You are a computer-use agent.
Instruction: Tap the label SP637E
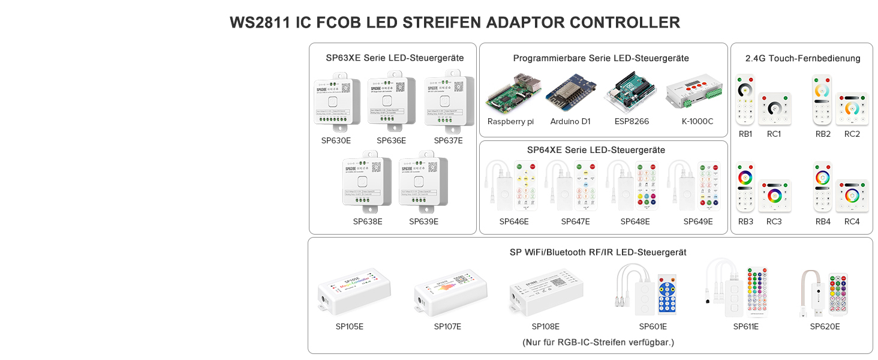[448, 141]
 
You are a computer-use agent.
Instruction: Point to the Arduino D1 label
[570, 121]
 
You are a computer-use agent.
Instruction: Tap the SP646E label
[514, 221]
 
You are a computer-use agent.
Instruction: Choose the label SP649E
[698, 221]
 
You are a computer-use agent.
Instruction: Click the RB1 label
[745, 134]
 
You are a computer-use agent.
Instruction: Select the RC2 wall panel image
[852, 109]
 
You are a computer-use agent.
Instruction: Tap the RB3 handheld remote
[745, 187]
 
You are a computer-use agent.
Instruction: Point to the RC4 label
[852, 221]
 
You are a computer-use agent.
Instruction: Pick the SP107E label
[447, 326]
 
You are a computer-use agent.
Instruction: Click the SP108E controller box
[546, 293]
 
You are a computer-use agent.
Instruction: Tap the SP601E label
[653, 326]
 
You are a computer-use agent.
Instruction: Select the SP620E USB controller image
[824, 294]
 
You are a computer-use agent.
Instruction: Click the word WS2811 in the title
[260, 23]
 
